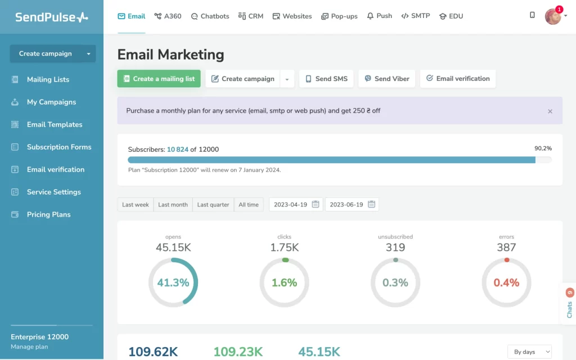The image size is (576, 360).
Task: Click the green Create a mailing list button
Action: click(x=159, y=79)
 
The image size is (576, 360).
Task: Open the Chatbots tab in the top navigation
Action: click(x=210, y=16)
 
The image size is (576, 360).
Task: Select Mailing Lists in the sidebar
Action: click(x=48, y=79)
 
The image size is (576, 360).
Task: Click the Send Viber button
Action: click(x=387, y=79)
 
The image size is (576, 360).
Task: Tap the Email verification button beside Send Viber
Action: click(x=457, y=79)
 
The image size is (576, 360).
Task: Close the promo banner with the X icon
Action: click(x=550, y=111)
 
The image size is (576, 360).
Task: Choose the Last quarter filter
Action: click(x=213, y=205)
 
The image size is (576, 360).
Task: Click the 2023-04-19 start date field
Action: click(x=296, y=205)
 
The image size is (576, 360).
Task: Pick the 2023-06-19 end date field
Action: click(x=352, y=205)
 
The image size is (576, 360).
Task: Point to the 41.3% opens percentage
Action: click(x=173, y=283)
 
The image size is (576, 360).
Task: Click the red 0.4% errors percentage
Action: click(x=506, y=283)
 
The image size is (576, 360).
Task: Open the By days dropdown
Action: click(x=529, y=352)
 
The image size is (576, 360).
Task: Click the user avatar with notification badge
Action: click(x=553, y=16)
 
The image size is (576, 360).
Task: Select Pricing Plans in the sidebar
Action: click(x=48, y=214)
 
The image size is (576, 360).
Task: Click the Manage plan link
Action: click(x=29, y=347)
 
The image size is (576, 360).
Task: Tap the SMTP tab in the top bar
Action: click(x=416, y=16)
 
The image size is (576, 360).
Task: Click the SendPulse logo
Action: click(x=51, y=17)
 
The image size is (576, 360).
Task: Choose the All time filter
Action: click(x=249, y=205)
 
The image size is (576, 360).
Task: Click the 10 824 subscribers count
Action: click(x=178, y=150)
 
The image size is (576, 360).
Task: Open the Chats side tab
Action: click(x=569, y=307)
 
